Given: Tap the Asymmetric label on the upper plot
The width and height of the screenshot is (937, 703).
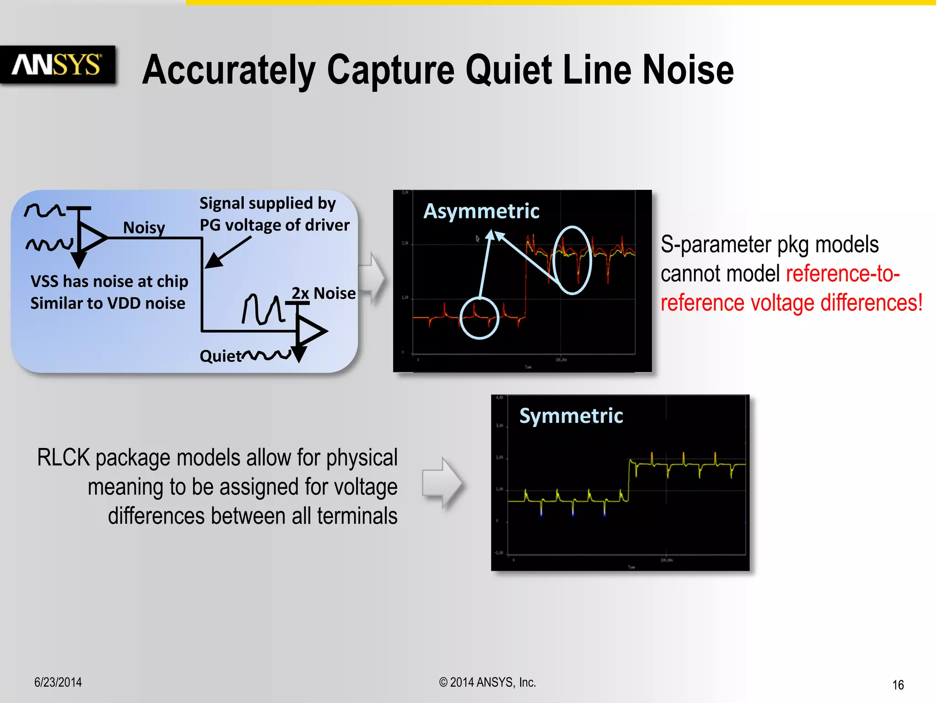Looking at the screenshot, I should point(481,211).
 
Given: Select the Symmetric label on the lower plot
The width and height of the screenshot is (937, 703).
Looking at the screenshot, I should point(571,416).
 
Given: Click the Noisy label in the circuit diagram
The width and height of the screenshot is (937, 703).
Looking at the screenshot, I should point(144,227).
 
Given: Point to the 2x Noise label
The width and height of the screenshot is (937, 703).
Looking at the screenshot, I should point(323,293).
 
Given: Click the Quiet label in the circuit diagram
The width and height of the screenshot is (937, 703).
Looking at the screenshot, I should point(220,356).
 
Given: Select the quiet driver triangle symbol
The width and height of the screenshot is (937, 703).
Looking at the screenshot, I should point(312,331).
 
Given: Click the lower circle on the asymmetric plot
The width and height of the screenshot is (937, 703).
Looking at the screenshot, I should point(479,318).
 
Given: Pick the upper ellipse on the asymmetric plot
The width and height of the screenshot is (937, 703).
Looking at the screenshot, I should point(572,260).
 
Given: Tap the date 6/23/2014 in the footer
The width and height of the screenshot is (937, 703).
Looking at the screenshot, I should point(58,682).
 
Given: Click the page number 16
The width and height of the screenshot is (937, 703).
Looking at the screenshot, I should point(898,685).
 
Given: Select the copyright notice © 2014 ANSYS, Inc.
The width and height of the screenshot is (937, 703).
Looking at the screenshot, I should point(487,682).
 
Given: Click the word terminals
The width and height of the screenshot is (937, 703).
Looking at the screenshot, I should point(357,516).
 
